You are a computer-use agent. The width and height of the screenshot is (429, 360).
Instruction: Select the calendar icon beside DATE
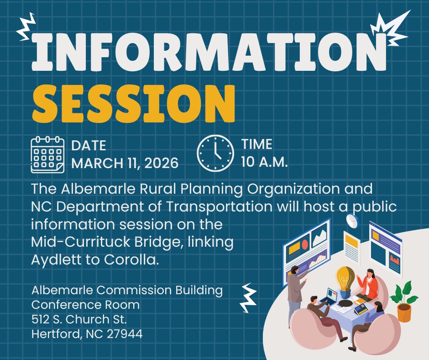[47, 154]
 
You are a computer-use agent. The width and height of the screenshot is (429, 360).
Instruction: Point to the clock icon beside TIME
[215, 153]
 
